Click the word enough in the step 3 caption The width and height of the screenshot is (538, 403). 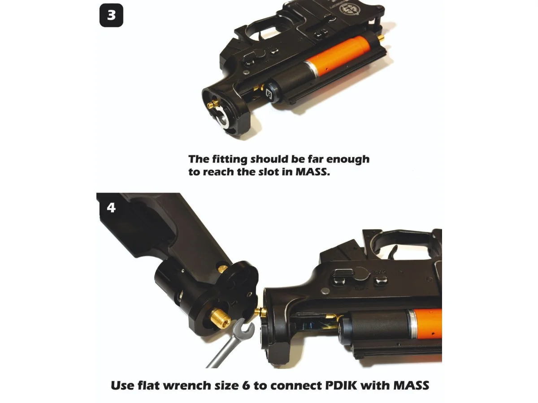[x=344, y=160]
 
